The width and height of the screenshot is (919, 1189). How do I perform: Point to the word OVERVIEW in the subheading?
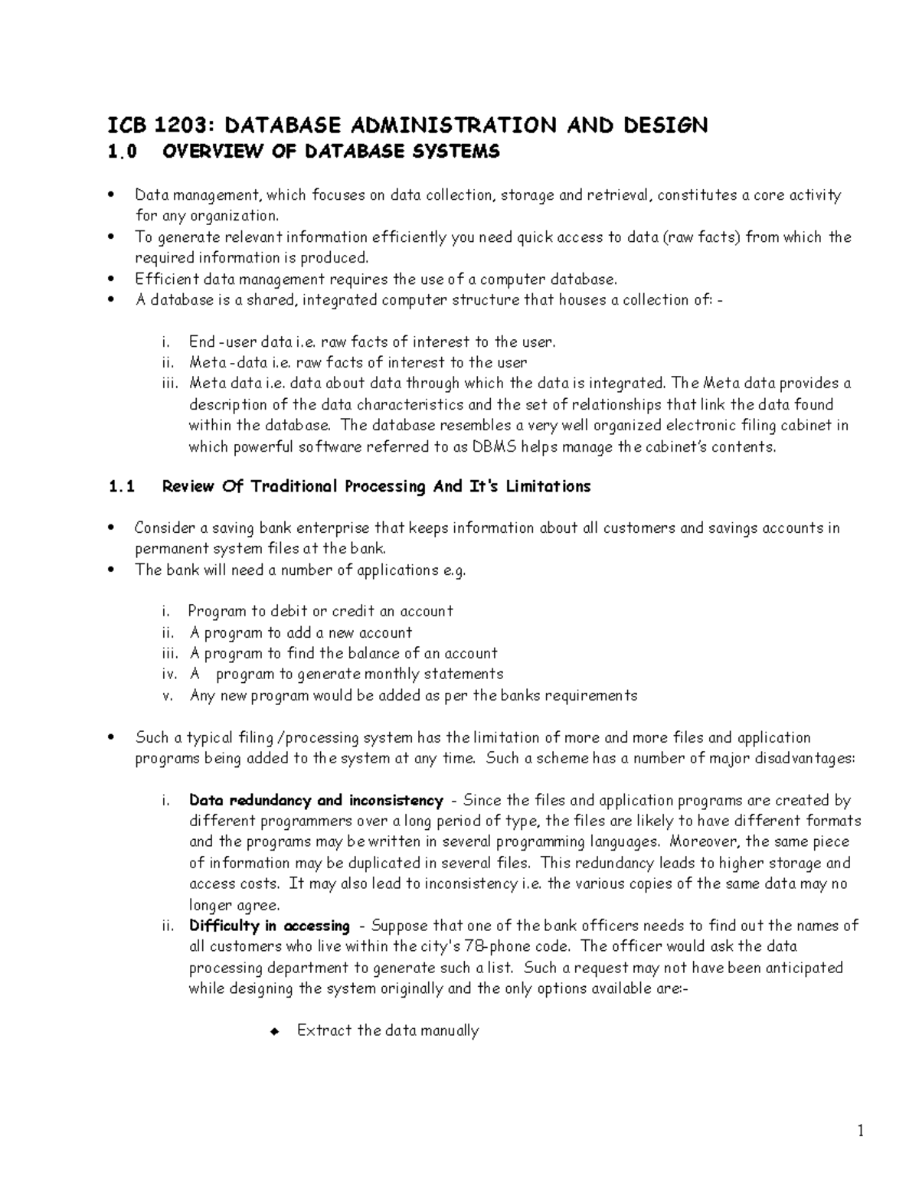click(204, 152)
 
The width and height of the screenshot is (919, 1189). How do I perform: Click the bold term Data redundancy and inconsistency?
click(316, 800)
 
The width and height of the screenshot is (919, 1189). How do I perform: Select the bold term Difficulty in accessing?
click(270, 926)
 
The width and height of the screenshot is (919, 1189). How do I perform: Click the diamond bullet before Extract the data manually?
click(273, 1031)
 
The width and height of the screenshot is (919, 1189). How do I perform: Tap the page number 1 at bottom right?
click(861, 1132)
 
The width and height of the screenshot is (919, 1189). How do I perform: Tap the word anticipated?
click(802, 968)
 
